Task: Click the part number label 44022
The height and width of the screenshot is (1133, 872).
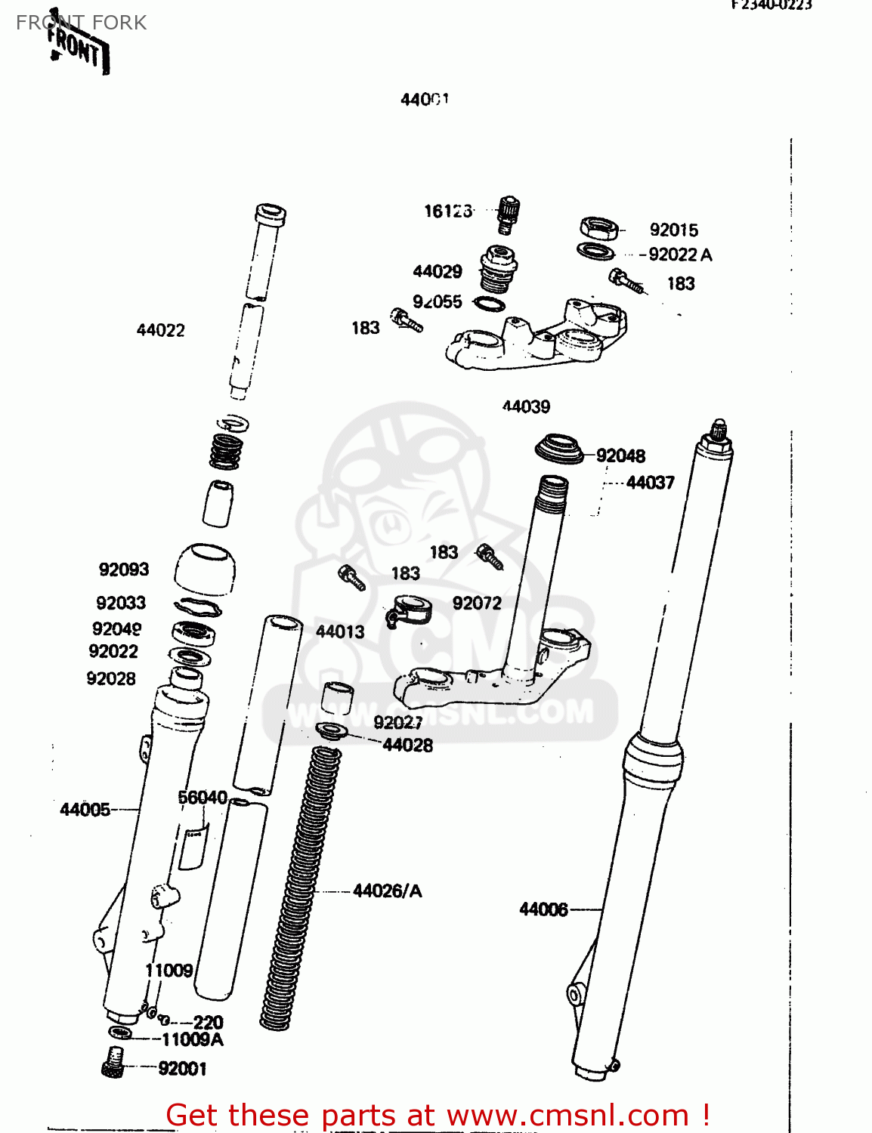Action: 160,330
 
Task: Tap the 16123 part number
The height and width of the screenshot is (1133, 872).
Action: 447,211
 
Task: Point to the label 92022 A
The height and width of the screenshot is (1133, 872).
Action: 680,255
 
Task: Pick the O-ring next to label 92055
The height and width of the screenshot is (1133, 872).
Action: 489,304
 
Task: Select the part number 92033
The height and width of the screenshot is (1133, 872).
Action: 121,603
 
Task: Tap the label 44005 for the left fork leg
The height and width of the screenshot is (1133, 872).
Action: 85,810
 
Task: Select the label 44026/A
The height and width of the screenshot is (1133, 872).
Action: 388,891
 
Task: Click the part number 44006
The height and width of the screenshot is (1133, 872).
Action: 543,909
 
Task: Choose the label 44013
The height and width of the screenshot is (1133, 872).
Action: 340,631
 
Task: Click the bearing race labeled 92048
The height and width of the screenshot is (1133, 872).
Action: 560,449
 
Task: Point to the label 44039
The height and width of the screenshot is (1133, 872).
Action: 526,406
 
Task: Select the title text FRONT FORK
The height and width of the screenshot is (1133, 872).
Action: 82,23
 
